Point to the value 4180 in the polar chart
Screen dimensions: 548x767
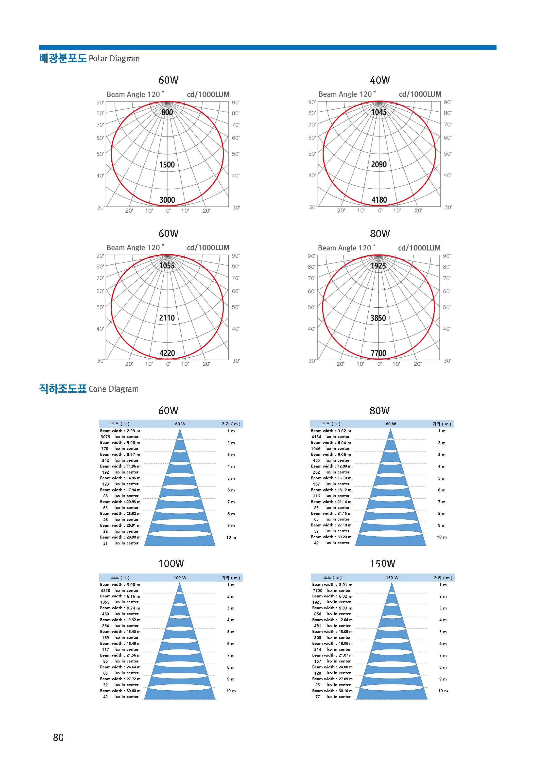379,200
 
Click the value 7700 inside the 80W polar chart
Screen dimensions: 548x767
378,353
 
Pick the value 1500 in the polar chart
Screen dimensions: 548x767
167,165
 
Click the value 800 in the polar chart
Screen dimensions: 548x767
167,112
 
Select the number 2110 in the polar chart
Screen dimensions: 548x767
167,318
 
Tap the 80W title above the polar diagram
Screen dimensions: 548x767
380,233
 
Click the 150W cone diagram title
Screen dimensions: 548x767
382,563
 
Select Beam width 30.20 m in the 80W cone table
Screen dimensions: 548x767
331,537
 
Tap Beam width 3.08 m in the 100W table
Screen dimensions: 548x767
120,584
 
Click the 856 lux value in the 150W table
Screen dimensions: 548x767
318,614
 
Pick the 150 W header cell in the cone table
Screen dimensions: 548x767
392,578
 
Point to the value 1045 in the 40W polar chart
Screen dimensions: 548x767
379,112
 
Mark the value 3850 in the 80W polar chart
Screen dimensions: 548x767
378,318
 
